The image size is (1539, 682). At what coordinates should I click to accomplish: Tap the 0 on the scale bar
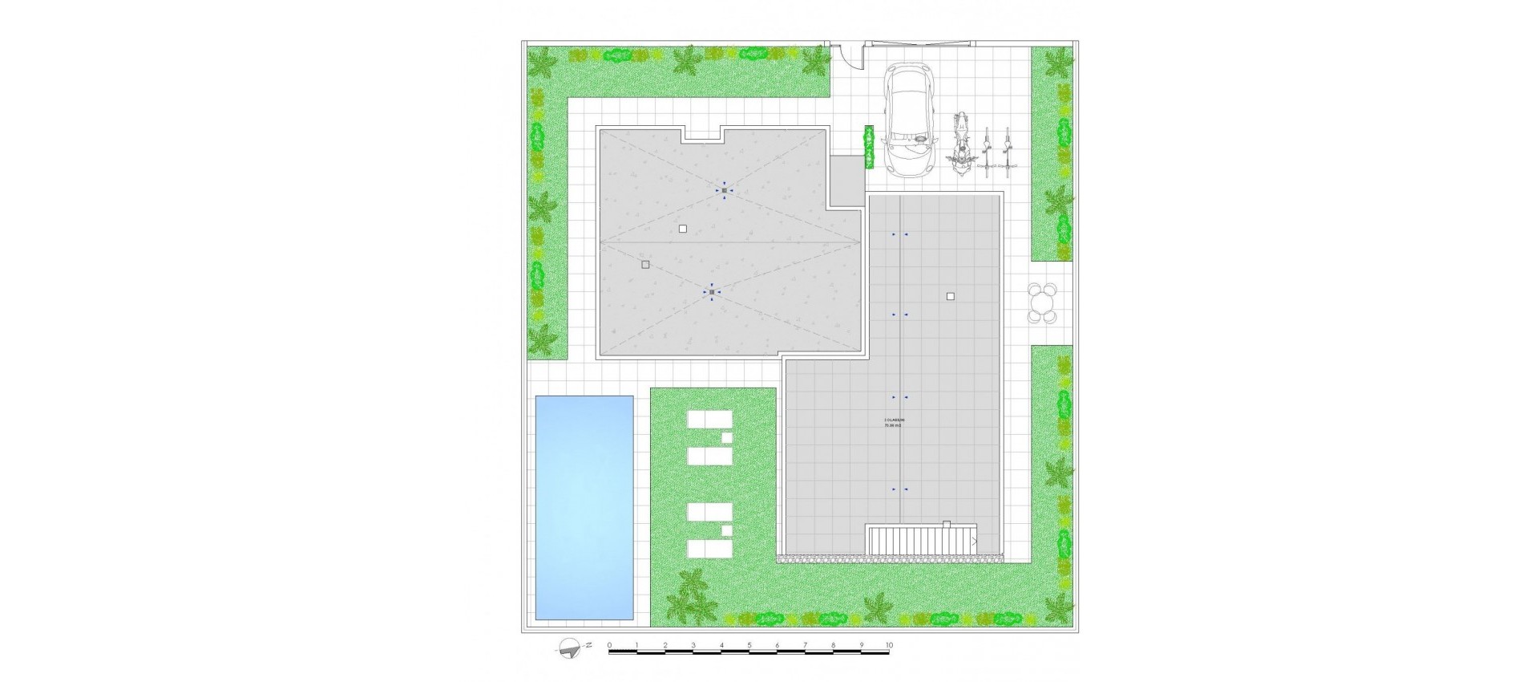tap(609, 645)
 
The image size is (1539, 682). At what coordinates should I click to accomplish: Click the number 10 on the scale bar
tap(888, 645)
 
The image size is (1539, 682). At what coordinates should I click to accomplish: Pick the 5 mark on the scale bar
tap(749, 645)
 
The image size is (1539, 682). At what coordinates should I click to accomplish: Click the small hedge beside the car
tap(867, 147)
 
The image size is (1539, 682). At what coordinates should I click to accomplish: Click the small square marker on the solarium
tap(950, 296)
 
